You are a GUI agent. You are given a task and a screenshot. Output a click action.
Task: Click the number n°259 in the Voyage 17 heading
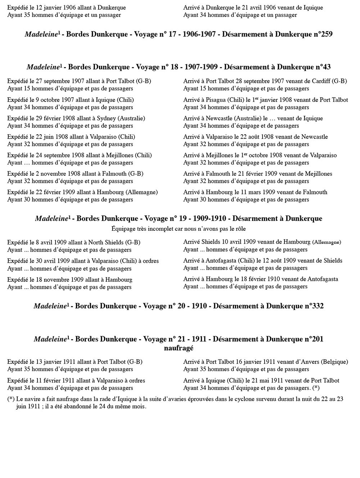[322, 35]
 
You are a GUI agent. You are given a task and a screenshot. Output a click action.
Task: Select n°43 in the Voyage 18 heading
[323, 67]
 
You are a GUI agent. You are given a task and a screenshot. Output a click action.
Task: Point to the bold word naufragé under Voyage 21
[179, 348]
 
